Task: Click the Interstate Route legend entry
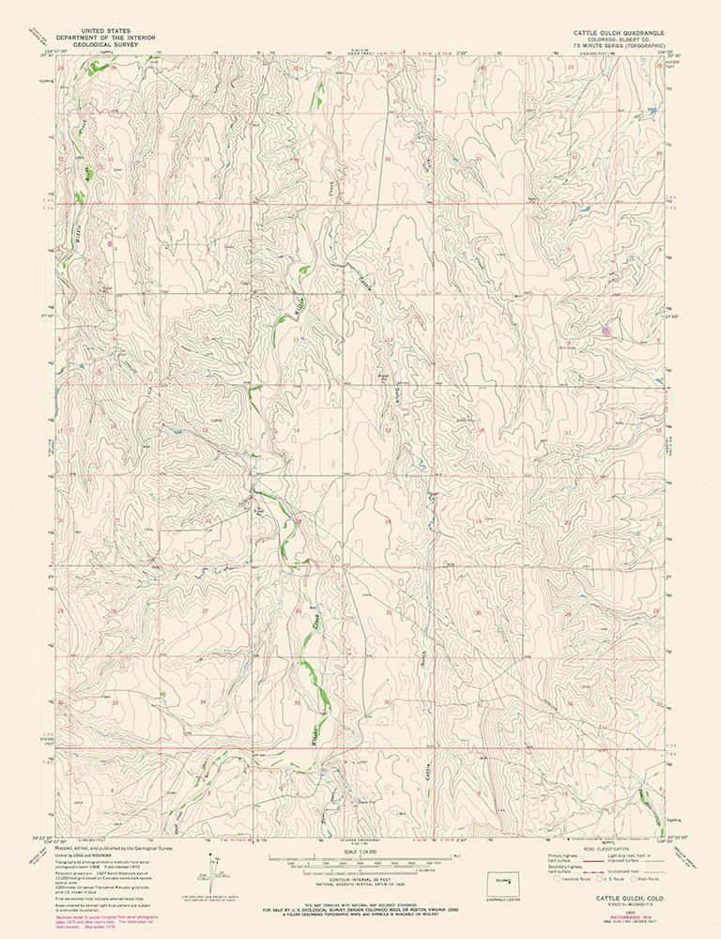tap(576, 880)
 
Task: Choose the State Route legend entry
tap(649, 880)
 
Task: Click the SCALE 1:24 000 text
tap(360, 851)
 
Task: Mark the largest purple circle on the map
tap(606, 331)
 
